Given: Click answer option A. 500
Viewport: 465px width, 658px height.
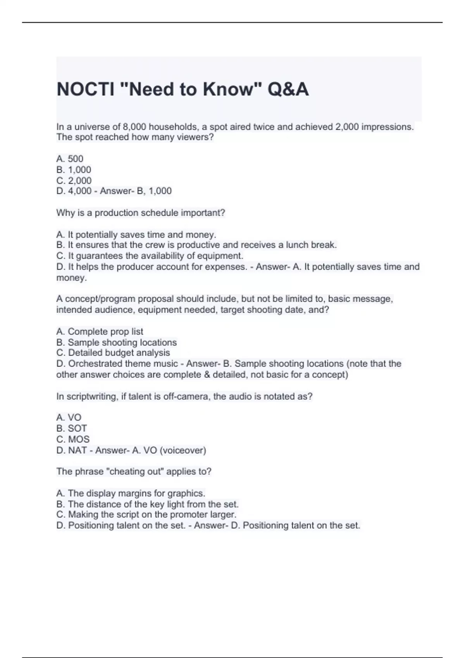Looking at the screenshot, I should (x=70, y=159).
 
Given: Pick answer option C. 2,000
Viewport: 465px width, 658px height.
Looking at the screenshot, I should (x=74, y=180).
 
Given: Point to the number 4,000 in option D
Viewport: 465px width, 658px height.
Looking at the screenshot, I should (x=80, y=191).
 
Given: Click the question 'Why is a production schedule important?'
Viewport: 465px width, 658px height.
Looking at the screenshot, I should (x=141, y=213).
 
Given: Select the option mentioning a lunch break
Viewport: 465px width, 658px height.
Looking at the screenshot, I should (x=196, y=245).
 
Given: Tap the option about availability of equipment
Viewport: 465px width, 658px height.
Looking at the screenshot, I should (x=150, y=256).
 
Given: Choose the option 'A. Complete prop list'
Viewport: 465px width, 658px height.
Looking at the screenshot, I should (x=100, y=331).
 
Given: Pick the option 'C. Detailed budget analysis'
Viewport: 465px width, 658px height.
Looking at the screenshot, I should (x=113, y=353).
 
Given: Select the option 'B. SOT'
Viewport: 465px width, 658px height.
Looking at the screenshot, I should (x=72, y=428).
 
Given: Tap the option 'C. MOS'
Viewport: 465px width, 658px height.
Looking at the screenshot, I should (x=73, y=439).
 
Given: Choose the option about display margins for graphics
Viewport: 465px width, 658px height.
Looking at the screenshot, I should (x=131, y=493).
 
